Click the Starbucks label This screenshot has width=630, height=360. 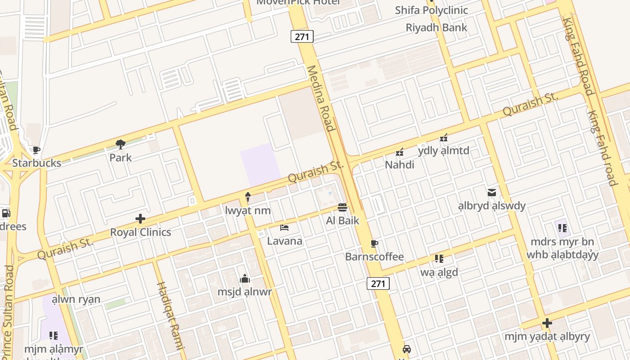[36, 163]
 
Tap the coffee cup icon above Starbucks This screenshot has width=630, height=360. [36, 150]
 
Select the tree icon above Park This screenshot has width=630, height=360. [120, 144]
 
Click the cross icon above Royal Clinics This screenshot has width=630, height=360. [140, 219]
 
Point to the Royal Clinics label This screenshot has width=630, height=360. [140, 232]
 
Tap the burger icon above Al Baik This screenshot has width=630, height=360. [342, 207]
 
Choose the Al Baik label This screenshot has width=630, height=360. [343, 220]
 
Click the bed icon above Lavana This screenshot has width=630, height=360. [284, 228]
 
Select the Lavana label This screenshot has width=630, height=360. [285, 241]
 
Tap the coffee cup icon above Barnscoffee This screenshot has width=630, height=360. [374, 244]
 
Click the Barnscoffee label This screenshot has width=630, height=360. [374, 257]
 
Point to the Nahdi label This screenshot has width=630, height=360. [400, 165]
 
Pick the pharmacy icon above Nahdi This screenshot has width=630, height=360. [400, 152]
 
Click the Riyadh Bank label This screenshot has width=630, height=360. [436, 27]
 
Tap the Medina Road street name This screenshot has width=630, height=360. [321, 99]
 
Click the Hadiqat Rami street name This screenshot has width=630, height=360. [171, 315]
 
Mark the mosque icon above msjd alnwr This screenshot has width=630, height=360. [245, 279]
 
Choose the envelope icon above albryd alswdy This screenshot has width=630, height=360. [492, 193]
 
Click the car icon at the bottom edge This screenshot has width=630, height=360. [406, 349]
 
